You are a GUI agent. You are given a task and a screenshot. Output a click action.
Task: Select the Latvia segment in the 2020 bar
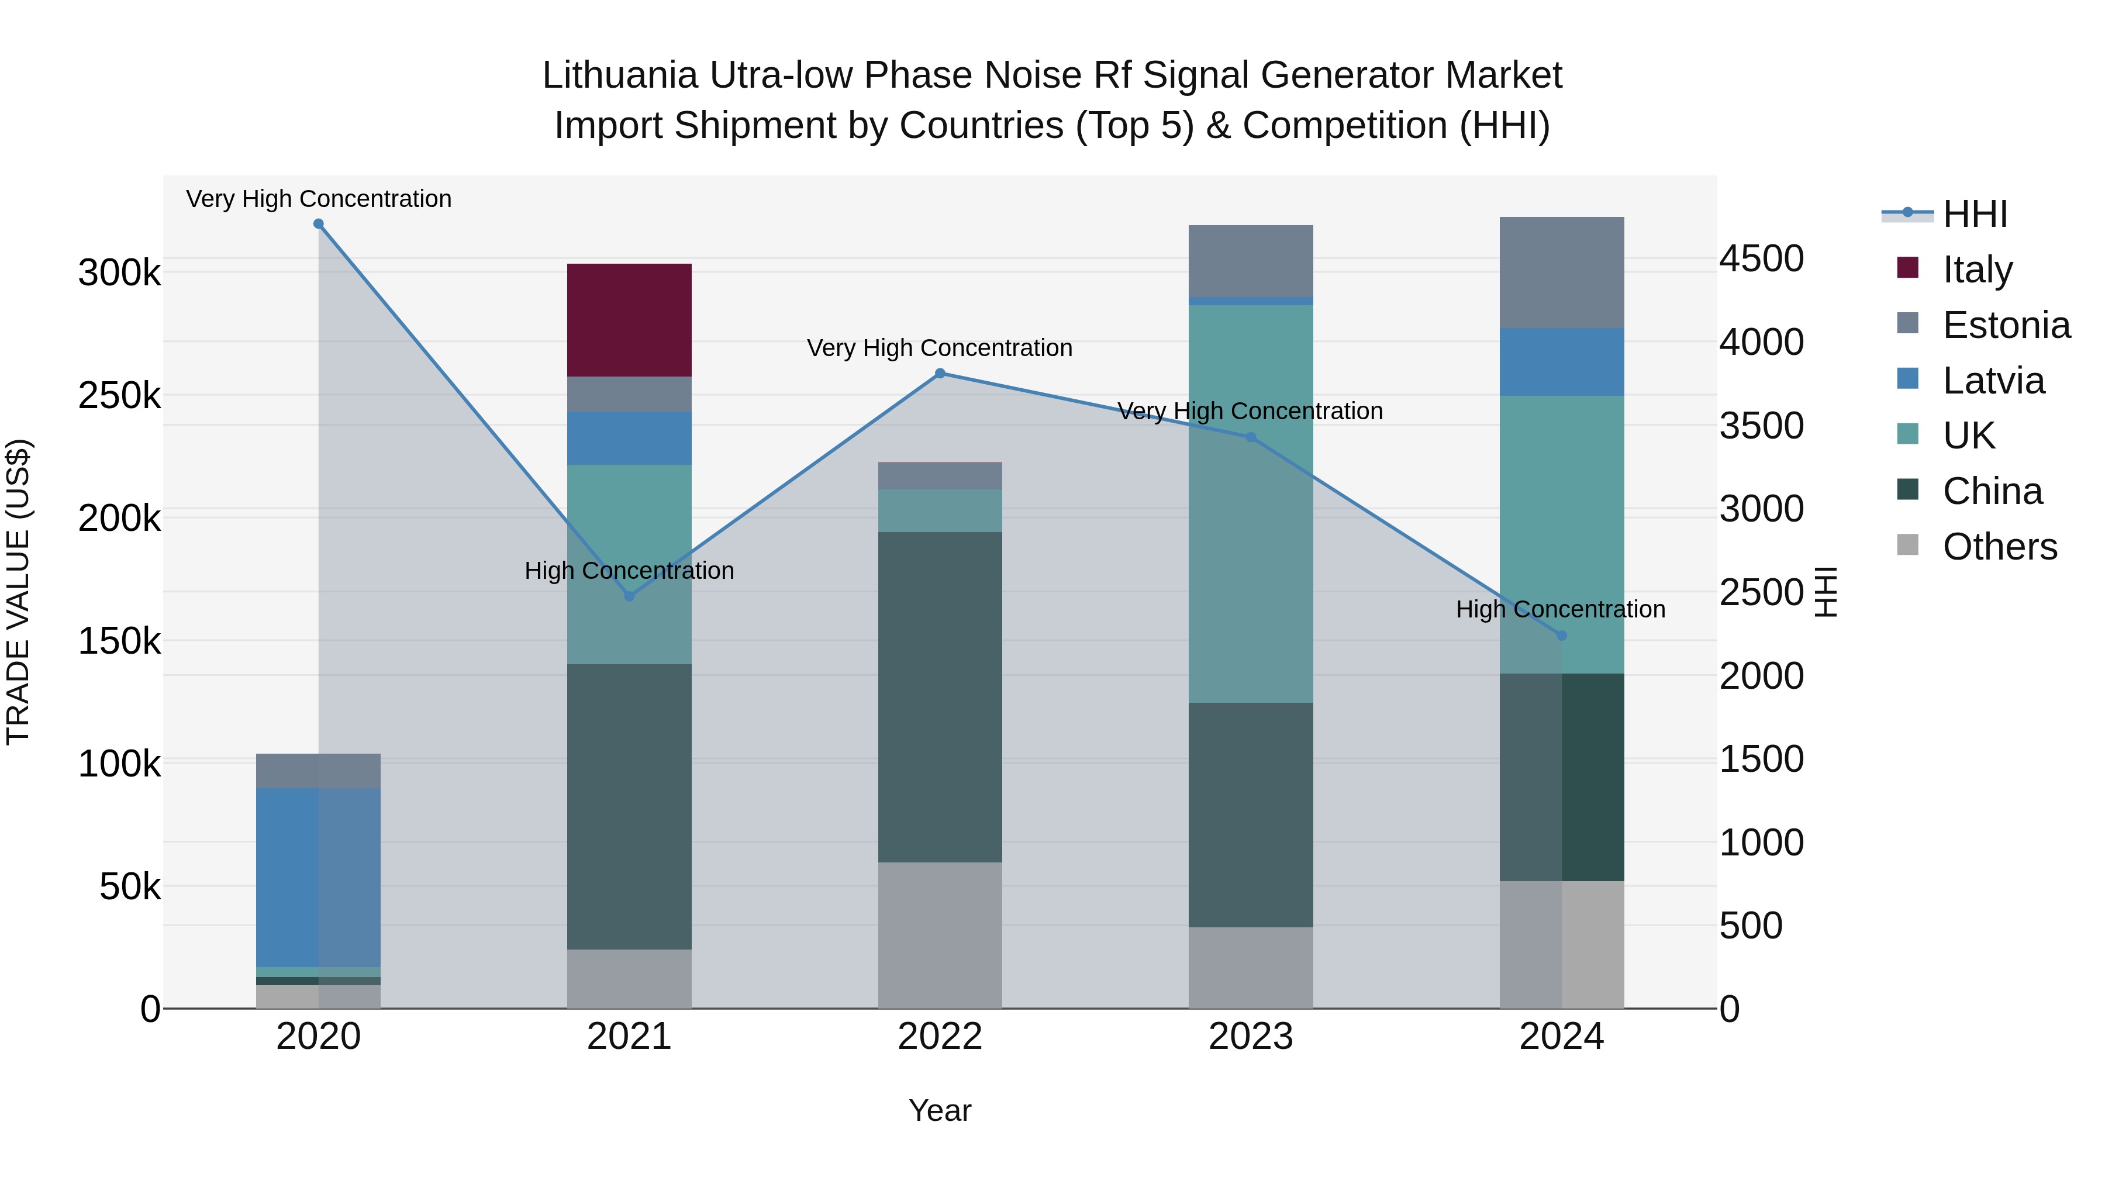tap(318, 877)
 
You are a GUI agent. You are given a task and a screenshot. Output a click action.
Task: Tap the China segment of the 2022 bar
tap(940, 696)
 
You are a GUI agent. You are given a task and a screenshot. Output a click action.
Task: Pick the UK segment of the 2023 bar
tap(1250, 503)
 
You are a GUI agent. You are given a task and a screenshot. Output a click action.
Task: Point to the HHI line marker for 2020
tap(319, 224)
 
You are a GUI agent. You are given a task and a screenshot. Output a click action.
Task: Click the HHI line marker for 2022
tap(940, 374)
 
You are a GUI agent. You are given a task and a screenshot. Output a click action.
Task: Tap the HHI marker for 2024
tap(1562, 636)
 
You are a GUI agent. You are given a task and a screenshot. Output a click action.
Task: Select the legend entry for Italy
tap(1977, 269)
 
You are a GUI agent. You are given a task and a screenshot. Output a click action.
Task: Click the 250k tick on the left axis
tap(119, 395)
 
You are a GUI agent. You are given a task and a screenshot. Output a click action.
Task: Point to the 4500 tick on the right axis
tap(1761, 258)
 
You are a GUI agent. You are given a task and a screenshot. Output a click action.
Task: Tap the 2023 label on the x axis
tap(1250, 1036)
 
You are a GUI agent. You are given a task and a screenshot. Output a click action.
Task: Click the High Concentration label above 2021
tap(629, 570)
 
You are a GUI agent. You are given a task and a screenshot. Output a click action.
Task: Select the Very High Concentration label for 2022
tap(940, 348)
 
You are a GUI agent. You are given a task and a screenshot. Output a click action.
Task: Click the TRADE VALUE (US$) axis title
tap(18, 592)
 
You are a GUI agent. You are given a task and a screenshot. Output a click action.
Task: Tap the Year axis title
tap(940, 1110)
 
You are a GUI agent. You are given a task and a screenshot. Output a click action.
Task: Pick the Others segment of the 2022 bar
tap(940, 935)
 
